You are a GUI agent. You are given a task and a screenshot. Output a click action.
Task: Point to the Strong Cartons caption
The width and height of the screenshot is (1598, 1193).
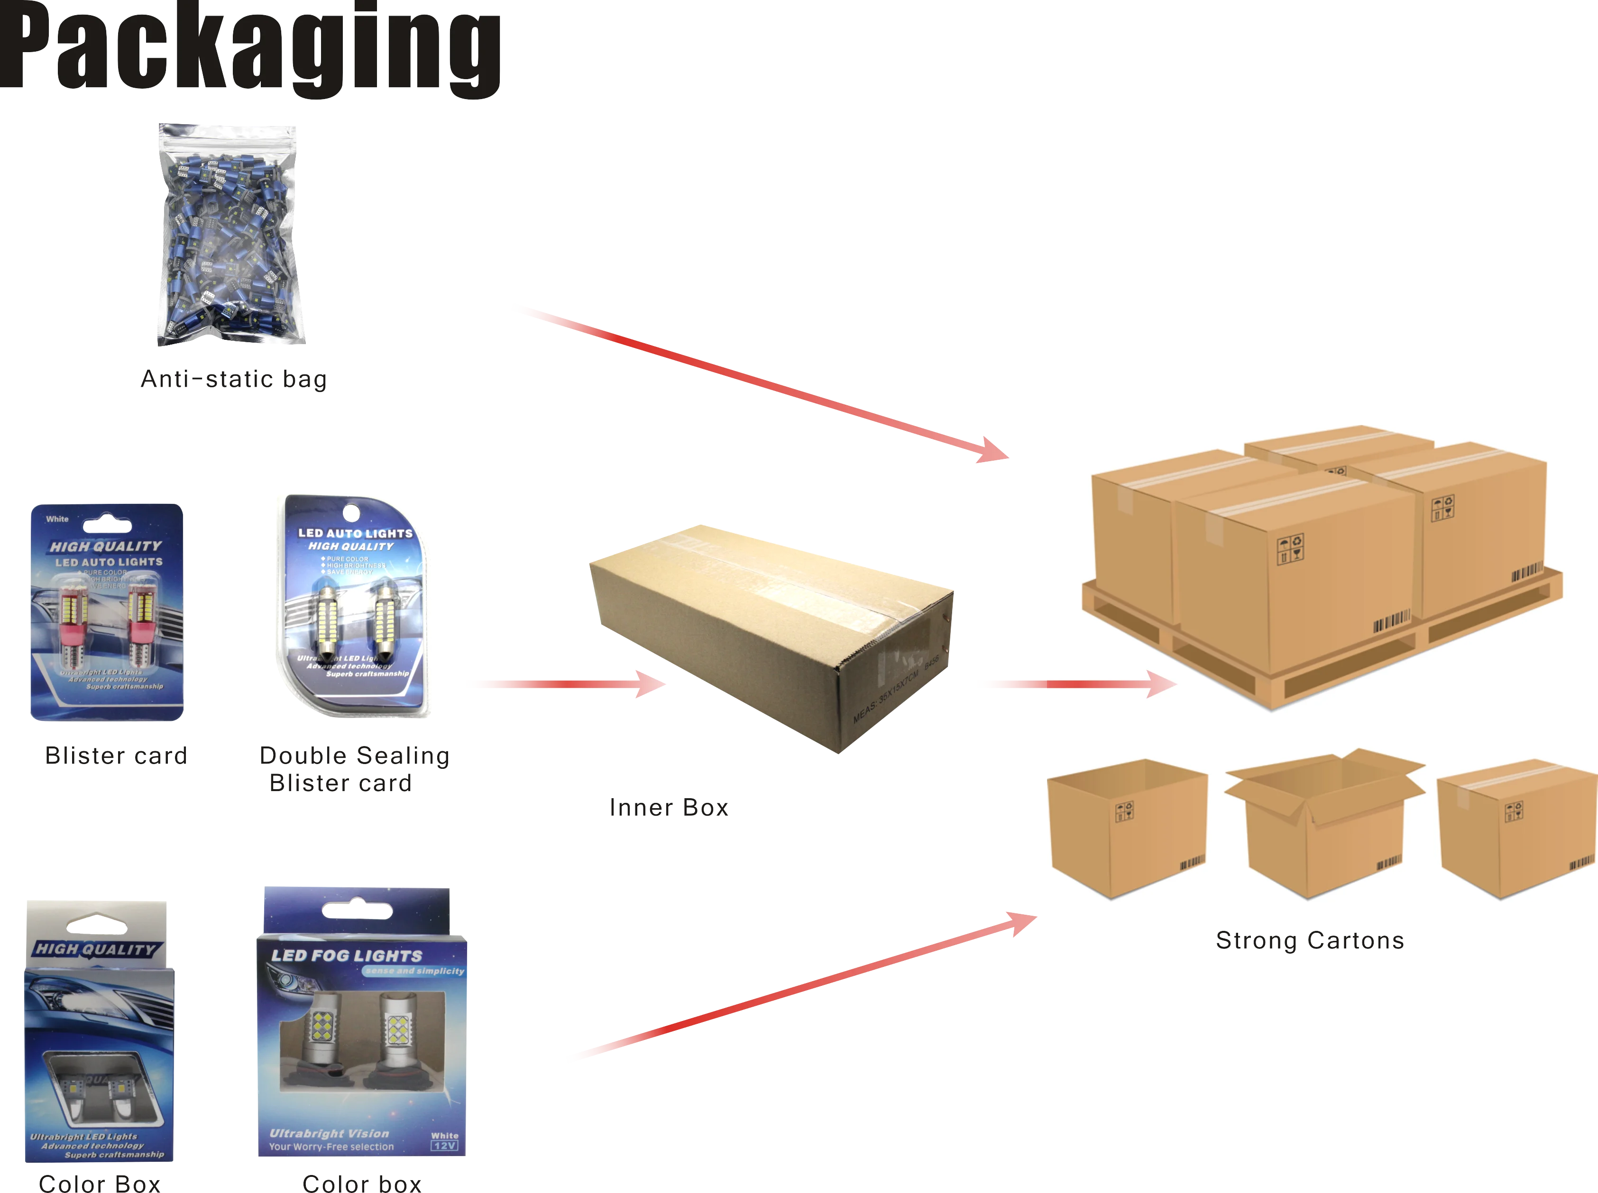1309,940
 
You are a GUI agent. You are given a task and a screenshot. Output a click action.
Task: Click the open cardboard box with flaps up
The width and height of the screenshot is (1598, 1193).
1323,823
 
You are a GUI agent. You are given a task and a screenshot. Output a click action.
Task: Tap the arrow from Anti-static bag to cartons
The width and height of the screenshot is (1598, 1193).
759,381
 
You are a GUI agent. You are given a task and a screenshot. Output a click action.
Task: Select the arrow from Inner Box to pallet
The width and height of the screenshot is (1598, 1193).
1076,684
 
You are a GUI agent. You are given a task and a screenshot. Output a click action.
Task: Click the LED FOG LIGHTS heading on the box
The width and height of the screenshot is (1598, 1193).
347,956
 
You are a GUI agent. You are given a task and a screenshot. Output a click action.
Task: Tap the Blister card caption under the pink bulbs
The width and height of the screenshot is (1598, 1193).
116,756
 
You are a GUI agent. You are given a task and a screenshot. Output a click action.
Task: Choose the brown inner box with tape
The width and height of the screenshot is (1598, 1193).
771,636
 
